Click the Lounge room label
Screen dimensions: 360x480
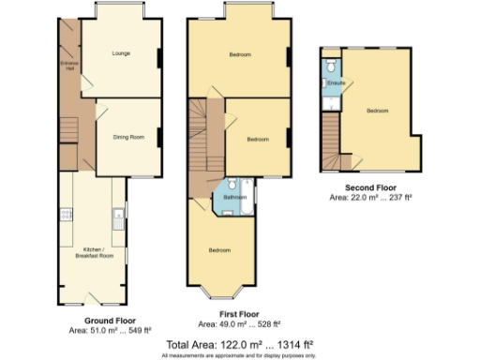[120, 53]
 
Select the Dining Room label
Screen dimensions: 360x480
[128, 138]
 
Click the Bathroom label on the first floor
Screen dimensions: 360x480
[234, 198]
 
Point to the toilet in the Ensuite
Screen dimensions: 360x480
[331, 68]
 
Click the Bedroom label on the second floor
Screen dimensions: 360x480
[377, 111]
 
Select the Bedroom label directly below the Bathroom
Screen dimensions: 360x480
[220, 250]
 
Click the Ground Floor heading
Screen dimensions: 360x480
[105, 321]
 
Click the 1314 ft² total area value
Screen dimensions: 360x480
[292, 344]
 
